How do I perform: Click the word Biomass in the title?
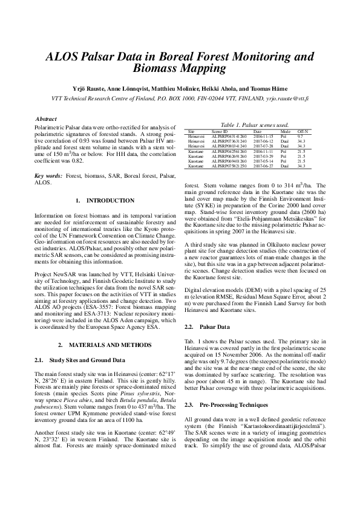coord(154,69)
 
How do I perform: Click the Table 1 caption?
coord(254,123)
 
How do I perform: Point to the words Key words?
coord(48,175)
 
